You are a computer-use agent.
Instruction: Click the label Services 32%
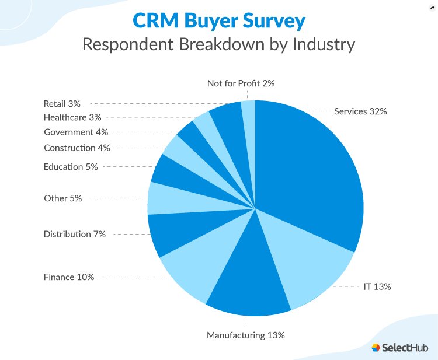(x=360, y=111)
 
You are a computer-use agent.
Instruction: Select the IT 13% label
(x=377, y=286)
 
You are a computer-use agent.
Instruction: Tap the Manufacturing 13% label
(x=245, y=335)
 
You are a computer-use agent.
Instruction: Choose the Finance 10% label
(x=69, y=277)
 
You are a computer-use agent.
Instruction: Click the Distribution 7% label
(x=75, y=234)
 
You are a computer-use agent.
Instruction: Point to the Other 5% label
(x=63, y=198)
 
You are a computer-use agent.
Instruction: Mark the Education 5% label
(x=71, y=166)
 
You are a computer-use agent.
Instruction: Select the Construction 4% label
(x=77, y=148)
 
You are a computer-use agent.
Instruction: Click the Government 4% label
(x=77, y=132)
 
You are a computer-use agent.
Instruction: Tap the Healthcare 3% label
(x=72, y=117)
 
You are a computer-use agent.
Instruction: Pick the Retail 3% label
(x=62, y=104)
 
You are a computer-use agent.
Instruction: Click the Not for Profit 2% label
(x=241, y=83)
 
